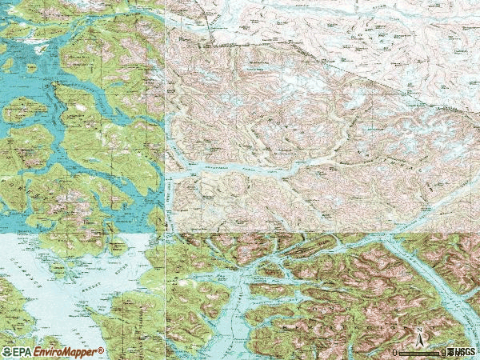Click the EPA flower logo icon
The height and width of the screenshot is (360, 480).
(6, 352)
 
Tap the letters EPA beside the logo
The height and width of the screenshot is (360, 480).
(22, 352)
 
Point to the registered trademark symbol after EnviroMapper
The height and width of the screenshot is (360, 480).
(102, 350)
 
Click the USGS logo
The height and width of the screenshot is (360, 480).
(465, 352)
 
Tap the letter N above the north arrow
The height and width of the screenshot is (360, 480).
(419, 330)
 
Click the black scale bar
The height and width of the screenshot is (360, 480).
(420, 352)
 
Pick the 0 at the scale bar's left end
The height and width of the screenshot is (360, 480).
(395, 352)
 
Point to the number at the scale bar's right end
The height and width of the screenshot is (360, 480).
(445, 352)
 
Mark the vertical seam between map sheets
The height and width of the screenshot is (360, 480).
(166, 120)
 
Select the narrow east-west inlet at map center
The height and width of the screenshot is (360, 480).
(240, 167)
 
